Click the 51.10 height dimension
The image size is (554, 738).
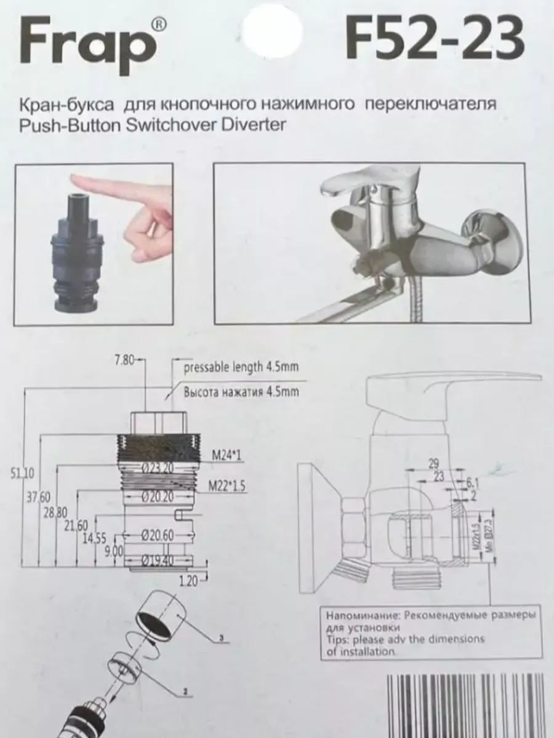[23, 472]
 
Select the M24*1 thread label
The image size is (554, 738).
[226, 455]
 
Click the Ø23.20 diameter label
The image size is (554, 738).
[159, 468]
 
